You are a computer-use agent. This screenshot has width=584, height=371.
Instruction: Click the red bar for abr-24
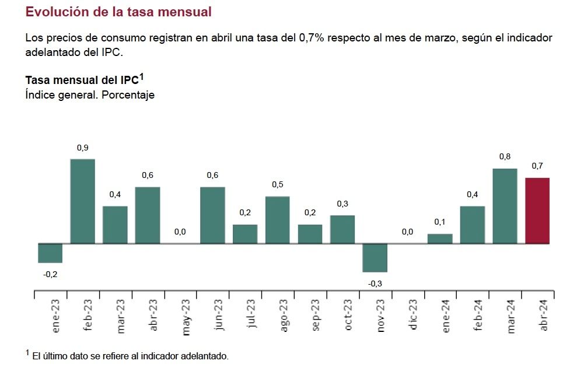coord(537,211)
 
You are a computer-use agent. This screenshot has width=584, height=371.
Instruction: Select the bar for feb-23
coord(82,201)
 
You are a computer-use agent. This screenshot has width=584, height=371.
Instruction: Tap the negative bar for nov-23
coord(375,257)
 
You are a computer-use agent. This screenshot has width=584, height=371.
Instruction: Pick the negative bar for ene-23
coord(50,253)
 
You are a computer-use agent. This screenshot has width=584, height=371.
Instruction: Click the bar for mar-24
coord(505,206)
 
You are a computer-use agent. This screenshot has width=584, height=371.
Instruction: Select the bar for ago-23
coord(277,220)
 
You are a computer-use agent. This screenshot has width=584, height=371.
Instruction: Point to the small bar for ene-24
coord(440,239)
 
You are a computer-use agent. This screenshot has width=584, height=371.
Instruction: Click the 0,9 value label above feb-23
coord(82,148)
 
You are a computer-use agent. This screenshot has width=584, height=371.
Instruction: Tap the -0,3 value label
coord(375,283)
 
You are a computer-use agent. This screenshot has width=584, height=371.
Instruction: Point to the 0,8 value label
coord(505,157)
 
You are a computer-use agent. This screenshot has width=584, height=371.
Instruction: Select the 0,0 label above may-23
coord(180,232)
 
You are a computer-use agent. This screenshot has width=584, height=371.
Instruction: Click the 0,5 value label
coord(277,185)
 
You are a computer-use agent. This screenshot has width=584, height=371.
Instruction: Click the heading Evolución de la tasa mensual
coord(118,12)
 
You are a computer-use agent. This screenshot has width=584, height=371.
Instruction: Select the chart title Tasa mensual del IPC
coord(85,80)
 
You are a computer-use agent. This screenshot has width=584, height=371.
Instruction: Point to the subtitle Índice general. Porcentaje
coord(90,95)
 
